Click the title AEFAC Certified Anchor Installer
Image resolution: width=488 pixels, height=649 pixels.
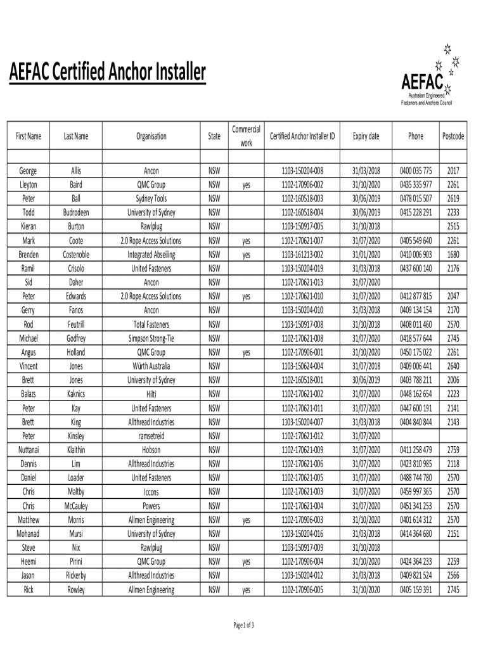pyautogui.click(x=107, y=74)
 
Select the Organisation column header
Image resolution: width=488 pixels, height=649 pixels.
pyautogui.click(x=151, y=136)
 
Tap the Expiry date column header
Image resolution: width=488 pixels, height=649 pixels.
pyautogui.click(x=366, y=136)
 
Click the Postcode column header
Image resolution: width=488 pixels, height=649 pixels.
pyautogui.click(x=453, y=136)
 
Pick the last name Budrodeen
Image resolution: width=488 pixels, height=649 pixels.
pyautogui.click(x=76, y=212)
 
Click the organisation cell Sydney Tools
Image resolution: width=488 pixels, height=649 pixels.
pyautogui.click(x=151, y=198)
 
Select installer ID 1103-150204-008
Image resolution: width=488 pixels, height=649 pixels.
pyautogui.click(x=302, y=170)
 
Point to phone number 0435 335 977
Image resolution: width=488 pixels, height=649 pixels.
pyautogui.click(x=416, y=184)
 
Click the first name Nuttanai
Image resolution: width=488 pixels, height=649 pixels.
pyautogui.click(x=29, y=450)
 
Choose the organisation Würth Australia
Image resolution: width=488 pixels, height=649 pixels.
pyautogui.click(x=151, y=366)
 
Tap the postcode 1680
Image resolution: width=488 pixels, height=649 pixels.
pyautogui.click(x=453, y=254)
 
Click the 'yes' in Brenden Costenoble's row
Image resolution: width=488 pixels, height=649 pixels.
pyautogui.click(x=246, y=254)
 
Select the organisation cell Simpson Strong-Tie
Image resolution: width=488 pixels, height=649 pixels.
pyautogui.click(x=151, y=338)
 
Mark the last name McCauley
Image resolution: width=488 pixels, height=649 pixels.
pyautogui.click(x=76, y=506)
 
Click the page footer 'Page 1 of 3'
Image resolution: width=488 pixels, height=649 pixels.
pyautogui.click(x=244, y=626)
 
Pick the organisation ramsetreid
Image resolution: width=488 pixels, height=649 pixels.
pyautogui.click(x=151, y=436)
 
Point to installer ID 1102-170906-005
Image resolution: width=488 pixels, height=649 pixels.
pyautogui.click(x=302, y=589)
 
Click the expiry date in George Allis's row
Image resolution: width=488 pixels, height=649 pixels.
pyautogui.click(x=366, y=170)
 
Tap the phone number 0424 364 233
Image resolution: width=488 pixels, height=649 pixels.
pyautogui.click(x=416, y=562)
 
